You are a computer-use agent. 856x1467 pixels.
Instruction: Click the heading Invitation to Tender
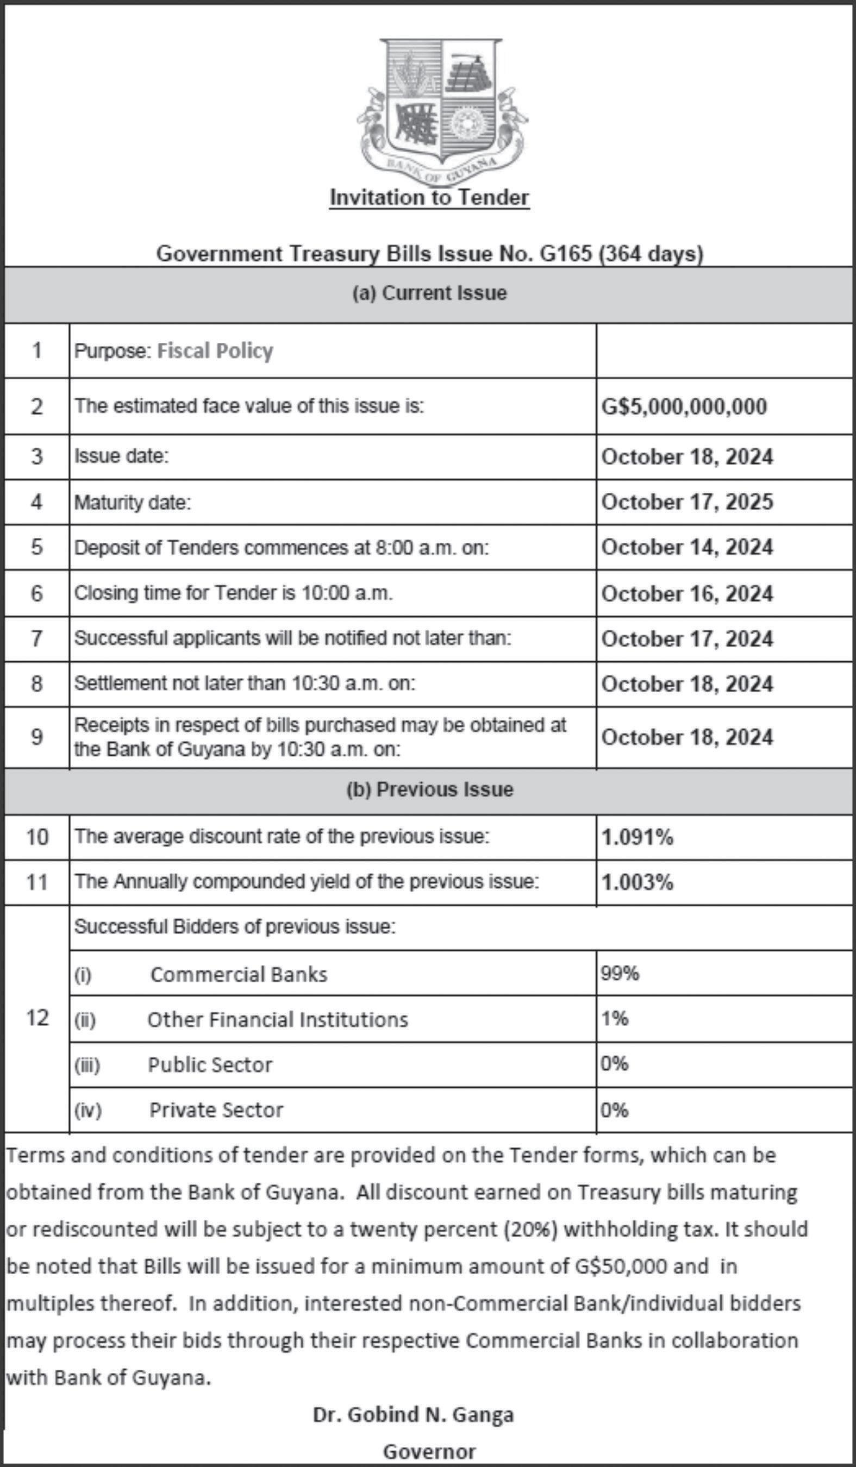pyautogui.click(x=429, y=197)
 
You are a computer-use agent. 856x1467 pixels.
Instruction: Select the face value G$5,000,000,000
pyautogui.click(x=684, y=406)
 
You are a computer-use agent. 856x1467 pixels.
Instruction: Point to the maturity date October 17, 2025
pyautogui.click(x=687, y=502)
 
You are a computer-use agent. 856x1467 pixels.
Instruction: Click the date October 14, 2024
pyautogui.click(x=687, y=547)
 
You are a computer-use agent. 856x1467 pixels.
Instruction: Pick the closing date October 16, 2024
pyautogui.click(x=687, y=594)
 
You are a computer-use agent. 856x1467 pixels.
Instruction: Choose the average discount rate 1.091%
pyautogui.click(x=637, y=837)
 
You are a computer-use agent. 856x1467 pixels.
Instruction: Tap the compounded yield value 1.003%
pyautogui.click(x=637, y=882)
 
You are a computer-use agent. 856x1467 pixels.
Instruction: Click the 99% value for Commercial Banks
pyautogui.click(x=620, y=973)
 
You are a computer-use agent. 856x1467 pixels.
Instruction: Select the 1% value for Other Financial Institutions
pyautogui.click(x=614, y=1018)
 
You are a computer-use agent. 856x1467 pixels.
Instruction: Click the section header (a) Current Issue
pyautogui.click(x=429, y=293)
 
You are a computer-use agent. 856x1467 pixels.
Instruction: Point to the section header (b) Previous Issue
pyautogui.click(x=429, y=789)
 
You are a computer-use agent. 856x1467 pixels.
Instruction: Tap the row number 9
pyautogui.click(x=37, y=737)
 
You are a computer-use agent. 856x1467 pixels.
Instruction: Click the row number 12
pyautogui.click(x=37, y=1018)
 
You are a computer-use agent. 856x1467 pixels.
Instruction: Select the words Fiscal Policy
pyautogui.click(x=215, y=350)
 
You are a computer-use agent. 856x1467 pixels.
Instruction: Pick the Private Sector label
pyautogui.click(x=216, y=1109)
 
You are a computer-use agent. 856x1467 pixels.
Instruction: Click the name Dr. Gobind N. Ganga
pyautogui.click(x=413, y=1415)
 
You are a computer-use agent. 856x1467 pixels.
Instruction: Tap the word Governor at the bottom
pyautogui.click(x=429, y=1452)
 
